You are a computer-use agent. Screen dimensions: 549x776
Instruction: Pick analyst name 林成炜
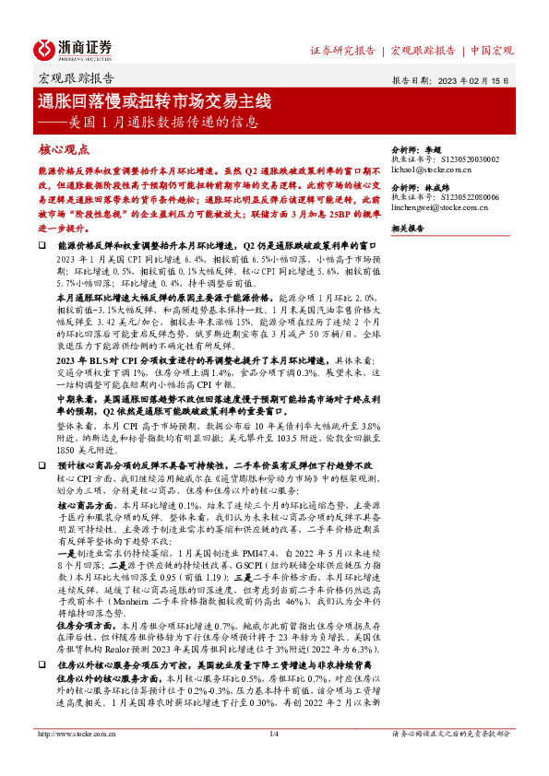pyautogui.click(x=436, y=187)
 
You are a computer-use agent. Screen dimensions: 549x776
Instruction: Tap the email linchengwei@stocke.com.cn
pyautogui.click(x=444, y=209)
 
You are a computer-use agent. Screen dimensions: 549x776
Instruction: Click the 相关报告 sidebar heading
pyautogui.click(x=410, y=228)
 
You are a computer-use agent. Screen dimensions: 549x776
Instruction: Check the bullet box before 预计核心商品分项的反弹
pyautogui.click(x=42, y=467)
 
